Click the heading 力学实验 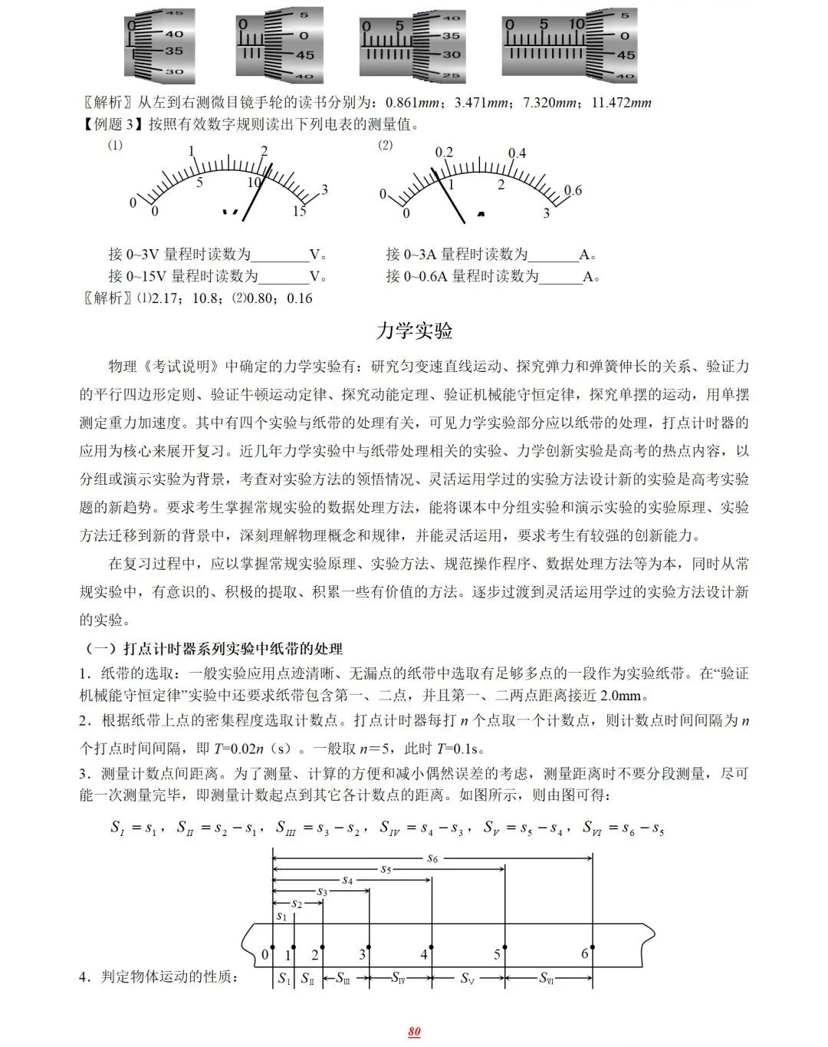tap(414, 331)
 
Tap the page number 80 tap(414, 1032)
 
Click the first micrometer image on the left tap(159, 46)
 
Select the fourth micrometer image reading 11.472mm tap(569, 46)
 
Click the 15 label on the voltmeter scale tap(299, 212)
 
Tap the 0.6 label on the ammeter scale tap(573, 190)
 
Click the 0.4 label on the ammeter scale tap(517, 153)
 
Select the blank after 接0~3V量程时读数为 tap(280, 255)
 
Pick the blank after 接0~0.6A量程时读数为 tap(560, 277)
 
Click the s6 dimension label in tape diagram tap(432, 858)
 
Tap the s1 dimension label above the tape tap(281, 916)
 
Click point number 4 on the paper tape tap(424, 955)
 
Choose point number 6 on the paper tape tap(585, 953)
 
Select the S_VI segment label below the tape tap(547, 978)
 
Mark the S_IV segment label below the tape tap(399, 978)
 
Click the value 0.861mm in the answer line tap(412, 103)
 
